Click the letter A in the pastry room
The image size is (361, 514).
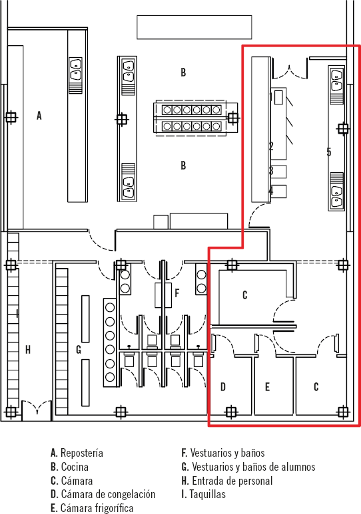click(x=39, y=116)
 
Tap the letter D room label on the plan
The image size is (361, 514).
click(x=223, y=387)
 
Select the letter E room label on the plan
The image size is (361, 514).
click(x=267, y=387)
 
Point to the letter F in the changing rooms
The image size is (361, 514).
click(x=177, y=293)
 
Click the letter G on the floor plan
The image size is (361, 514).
click(x=79, y=350)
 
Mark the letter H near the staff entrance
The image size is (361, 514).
click(x=28, y=350)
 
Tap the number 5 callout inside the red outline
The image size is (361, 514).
click(x=329, y=152)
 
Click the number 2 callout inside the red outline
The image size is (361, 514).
click(x=271, y=146)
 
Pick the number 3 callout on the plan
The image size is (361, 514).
click(x=271, y=170)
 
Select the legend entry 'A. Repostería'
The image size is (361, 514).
click(x=77, y=453)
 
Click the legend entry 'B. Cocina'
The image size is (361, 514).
click(x=69, y=467)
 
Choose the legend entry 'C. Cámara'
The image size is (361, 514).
click(x=72, y=481)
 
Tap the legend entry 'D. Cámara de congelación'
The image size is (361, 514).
click(x=103, y=494)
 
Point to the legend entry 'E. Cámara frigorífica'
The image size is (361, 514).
click(x=92, y=508)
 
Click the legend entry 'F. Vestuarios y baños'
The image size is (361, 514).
click(x=223, y=453)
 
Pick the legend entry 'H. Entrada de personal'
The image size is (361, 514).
click(x=227, y=481)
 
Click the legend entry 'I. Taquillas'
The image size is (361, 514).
click(x=204, y=494)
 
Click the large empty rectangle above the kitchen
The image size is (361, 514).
click(x=194, y=27)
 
